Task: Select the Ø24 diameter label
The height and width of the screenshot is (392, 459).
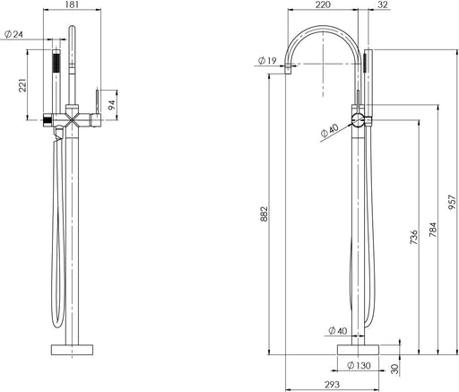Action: coord(13,35)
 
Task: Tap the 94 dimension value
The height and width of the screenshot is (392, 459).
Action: coord(112,104)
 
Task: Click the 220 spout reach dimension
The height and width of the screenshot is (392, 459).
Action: coord(323,5)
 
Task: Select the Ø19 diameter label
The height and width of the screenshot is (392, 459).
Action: coord(265,60)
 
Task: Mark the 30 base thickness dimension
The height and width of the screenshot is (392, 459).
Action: coord(396,367)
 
